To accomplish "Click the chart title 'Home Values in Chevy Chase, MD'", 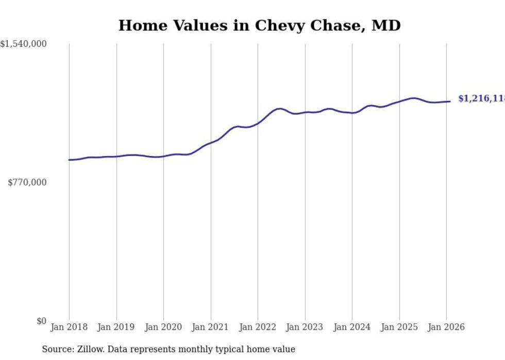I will pos(259,25).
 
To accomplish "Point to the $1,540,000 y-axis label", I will pos(23,44).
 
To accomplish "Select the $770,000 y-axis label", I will pos(27,182).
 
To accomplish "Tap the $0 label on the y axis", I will pos(41,321).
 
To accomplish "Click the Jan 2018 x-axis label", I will pos(69,327).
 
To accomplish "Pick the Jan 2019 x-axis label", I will pos(116,327).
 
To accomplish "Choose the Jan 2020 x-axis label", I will pos(163,327).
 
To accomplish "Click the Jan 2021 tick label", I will pos(211,327).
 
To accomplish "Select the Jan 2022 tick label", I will pos(258,327).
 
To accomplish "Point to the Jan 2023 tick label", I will pos(305,327).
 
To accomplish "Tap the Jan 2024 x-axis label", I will pos(352,327).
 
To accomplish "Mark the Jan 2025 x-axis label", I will pos(399,327).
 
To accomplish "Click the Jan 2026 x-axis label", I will pos(446,327).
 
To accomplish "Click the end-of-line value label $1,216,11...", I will pos(481,98).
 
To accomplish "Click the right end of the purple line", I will pos(450,101).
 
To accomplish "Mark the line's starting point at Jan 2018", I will pos(69,160).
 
